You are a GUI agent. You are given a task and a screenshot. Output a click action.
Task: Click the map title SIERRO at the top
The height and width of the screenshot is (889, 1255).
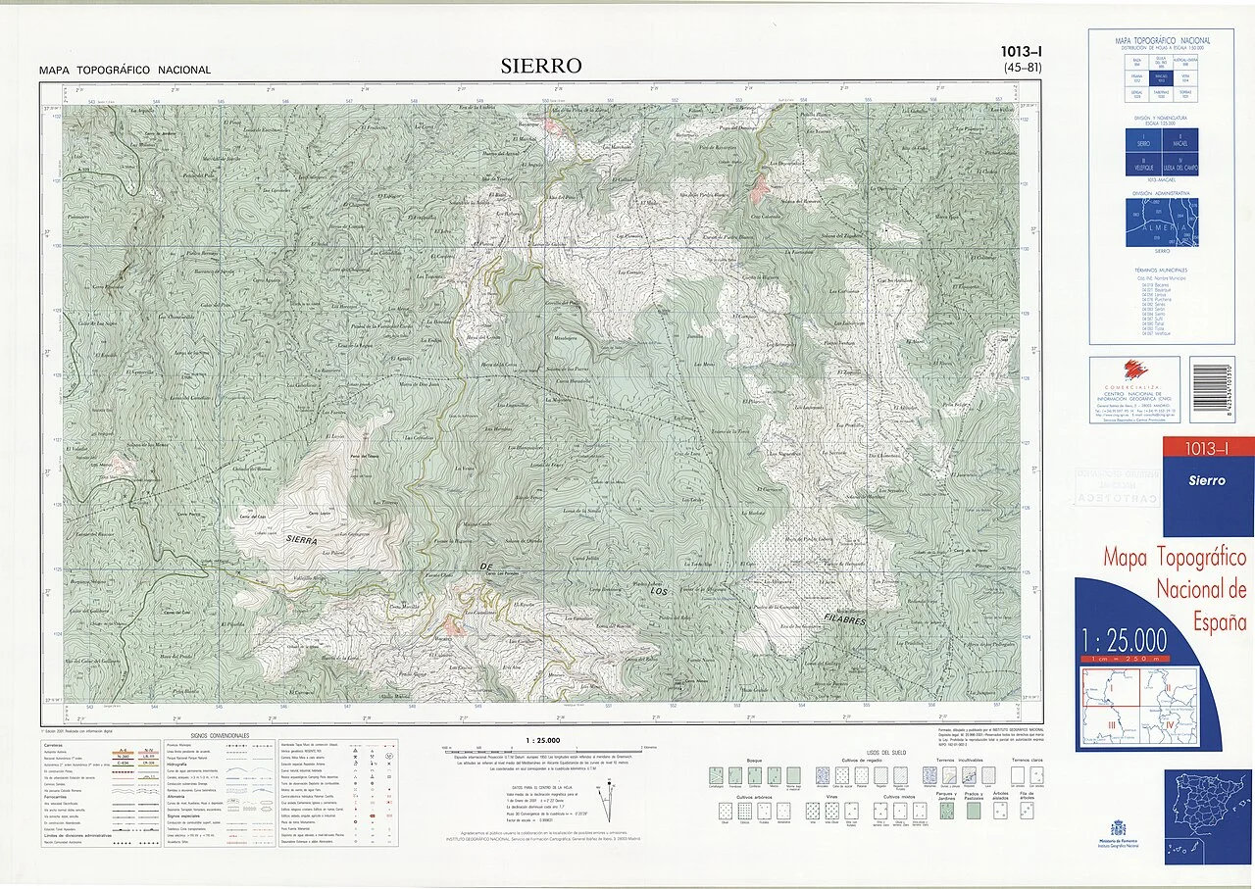(x=540, y=66)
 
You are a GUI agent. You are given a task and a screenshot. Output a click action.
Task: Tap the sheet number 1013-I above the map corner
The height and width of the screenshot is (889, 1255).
(x=1022, y=52)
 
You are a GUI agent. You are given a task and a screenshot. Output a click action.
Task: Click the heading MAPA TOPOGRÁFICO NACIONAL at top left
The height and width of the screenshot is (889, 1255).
(x=125, y=70)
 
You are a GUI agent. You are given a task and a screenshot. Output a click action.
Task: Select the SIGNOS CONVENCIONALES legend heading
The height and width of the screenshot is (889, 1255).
(x=222, y=734)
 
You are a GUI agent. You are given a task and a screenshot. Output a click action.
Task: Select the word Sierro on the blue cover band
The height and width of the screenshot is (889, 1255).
(x=1206, y=480)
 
